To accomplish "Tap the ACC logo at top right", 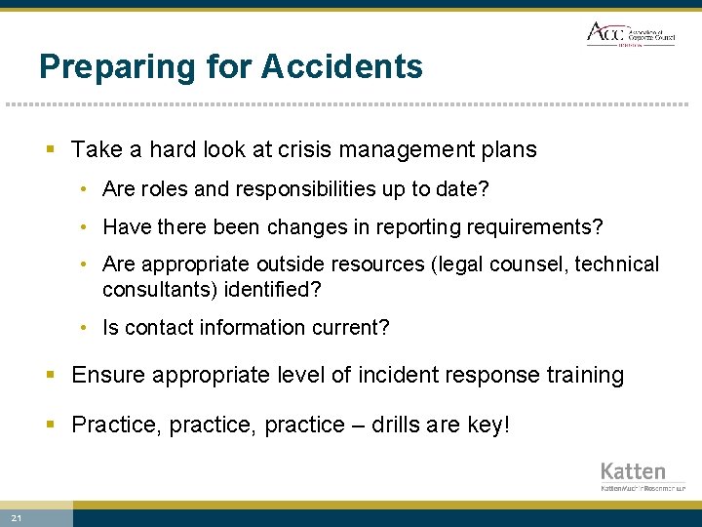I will pyautogui.click(x=630, y=33).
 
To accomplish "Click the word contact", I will pyautogui.click(x=155, y=328).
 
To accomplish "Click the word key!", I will pyautogui.click(x=487, y=426).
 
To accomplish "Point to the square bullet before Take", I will pyautogui.click(x=51, y=150).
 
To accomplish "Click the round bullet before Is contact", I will pyautogui.click(x=86, y=329).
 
